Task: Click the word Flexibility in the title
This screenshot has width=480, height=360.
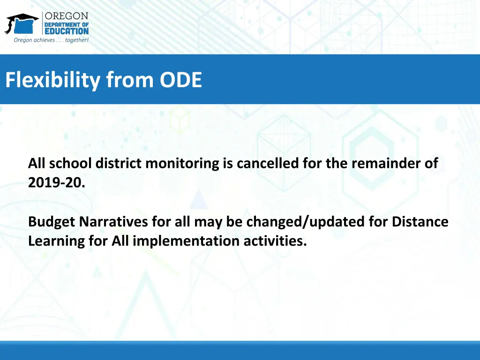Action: [x=52, y=80]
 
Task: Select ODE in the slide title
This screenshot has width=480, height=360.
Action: [x=180, y=80]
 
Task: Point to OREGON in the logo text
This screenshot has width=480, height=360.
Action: [x=66, y=16]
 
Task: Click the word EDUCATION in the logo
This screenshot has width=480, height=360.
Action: [x=66, y=31]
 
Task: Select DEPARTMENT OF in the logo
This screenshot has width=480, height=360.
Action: [x=66, y=24]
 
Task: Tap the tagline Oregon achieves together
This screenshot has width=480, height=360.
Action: [x=51, y=40]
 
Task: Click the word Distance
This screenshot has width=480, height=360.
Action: [x=420, y=221]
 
